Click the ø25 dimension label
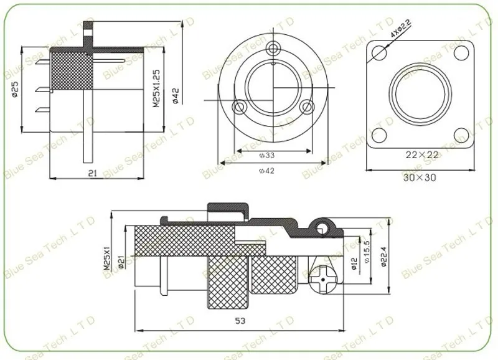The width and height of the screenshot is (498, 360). coord(14,89)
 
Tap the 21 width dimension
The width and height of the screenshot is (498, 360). coord(92,173)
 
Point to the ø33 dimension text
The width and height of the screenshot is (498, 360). coord(267,155)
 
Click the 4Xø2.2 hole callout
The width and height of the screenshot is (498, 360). coord(400,29)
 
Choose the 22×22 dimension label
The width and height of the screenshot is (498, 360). coord(422,154)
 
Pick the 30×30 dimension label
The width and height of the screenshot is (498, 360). coord(420,178)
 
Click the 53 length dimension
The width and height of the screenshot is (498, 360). coord(240,321)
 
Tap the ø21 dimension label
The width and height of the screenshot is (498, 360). coord(121,261)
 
